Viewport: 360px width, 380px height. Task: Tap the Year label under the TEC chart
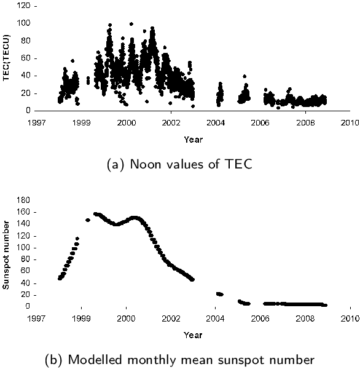193,139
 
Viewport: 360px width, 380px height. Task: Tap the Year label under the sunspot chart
193,334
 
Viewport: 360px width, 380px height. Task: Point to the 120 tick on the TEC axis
23,6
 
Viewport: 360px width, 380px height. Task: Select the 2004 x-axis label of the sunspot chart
216,319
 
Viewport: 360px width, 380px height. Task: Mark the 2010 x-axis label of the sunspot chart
350,319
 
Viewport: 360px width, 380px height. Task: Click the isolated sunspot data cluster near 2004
219,294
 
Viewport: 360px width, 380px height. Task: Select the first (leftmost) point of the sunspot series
60,279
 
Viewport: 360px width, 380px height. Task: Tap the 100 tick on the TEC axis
23,23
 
